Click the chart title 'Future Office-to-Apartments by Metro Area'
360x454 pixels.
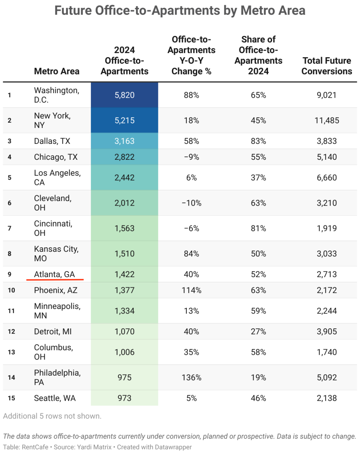click(x=180, y=10)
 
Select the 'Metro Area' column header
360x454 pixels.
click(x=57, y=71)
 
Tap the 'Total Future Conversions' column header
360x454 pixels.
click(x=327, y=66)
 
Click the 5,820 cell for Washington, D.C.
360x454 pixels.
click(x=124, y=95)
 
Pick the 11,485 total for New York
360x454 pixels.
click(x=327, y=120)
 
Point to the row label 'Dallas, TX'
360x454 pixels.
click(x=52, y=141)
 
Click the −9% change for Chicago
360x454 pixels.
click(x=191, y=157)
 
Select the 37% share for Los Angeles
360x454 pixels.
click(x=258, y=178)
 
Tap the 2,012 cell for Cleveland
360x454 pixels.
click(x=124, y=203)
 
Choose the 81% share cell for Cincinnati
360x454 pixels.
click(x=258, y=228)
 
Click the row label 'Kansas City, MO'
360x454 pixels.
click(x=56, y=254)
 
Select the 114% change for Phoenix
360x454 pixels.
click(x=191, y=290)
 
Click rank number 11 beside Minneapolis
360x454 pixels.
click(x=11, y=311)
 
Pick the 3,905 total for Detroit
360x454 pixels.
click(x=327, y=332)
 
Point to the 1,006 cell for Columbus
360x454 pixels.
click(x=124, y=352)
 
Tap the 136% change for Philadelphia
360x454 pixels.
click(x=191, y=378)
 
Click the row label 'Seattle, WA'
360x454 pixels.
click(x=55, y=398)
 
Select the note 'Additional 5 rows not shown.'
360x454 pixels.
click(x=52, y=416)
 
